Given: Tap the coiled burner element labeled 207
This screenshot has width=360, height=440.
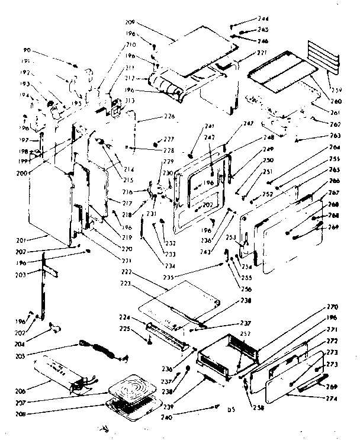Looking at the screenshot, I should (134, 384).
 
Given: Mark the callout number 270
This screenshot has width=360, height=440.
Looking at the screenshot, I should (332, 307).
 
